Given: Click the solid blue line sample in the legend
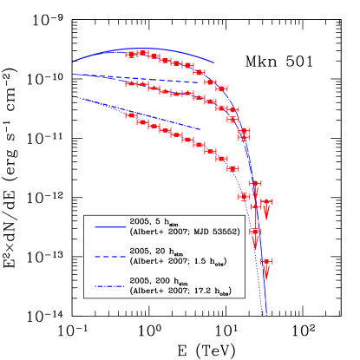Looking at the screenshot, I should pos(110,227).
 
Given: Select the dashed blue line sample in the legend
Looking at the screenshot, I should pos(110,257).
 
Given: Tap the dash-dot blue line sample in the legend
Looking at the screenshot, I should pos(110,286).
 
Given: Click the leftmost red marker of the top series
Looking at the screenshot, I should pos(130,55).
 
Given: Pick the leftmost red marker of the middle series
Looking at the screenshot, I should pos(130,83).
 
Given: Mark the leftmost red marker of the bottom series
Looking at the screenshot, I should pos(131,115).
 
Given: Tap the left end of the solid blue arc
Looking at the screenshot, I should pos(74,62).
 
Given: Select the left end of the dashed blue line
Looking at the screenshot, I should pos(74,75).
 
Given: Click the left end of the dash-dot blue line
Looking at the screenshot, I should pos(74,96).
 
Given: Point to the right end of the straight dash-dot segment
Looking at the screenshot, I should pos(201,129).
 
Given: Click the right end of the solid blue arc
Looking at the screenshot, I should pos(214,63).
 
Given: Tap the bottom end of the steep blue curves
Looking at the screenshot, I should pos(265,314).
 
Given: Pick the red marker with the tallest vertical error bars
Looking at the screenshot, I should pos(244,134).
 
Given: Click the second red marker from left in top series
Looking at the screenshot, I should pos(141,52).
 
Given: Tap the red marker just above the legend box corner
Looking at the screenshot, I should pos(244,196).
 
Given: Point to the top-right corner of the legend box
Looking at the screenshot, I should pos(245,215).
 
